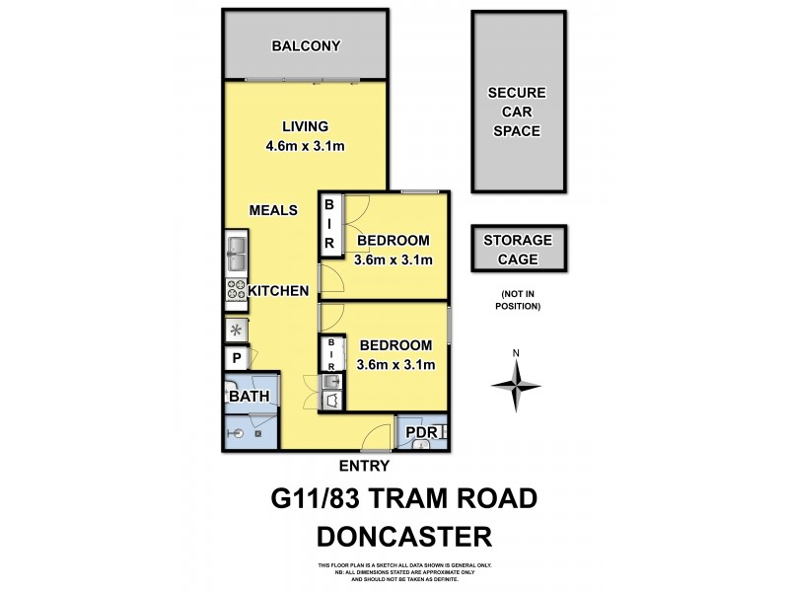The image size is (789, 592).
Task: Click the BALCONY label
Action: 306,45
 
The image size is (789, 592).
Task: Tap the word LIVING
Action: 305,126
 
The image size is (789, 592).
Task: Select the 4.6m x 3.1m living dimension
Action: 305,147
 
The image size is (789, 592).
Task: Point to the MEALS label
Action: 273,210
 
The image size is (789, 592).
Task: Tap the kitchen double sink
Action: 236,255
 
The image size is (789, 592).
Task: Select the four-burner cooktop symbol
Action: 236,290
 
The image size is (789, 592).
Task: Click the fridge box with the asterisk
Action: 236,331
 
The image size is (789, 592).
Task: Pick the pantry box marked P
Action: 237,360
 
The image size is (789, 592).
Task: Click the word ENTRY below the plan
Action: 364,467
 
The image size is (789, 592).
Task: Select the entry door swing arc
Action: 374,434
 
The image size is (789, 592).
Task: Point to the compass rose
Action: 516,384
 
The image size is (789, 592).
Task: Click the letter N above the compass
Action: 516,353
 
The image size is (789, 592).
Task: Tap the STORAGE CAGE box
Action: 518,250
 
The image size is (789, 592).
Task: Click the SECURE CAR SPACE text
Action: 517,112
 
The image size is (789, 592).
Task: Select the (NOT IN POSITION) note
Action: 518,301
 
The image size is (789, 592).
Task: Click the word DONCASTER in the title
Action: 404,537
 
